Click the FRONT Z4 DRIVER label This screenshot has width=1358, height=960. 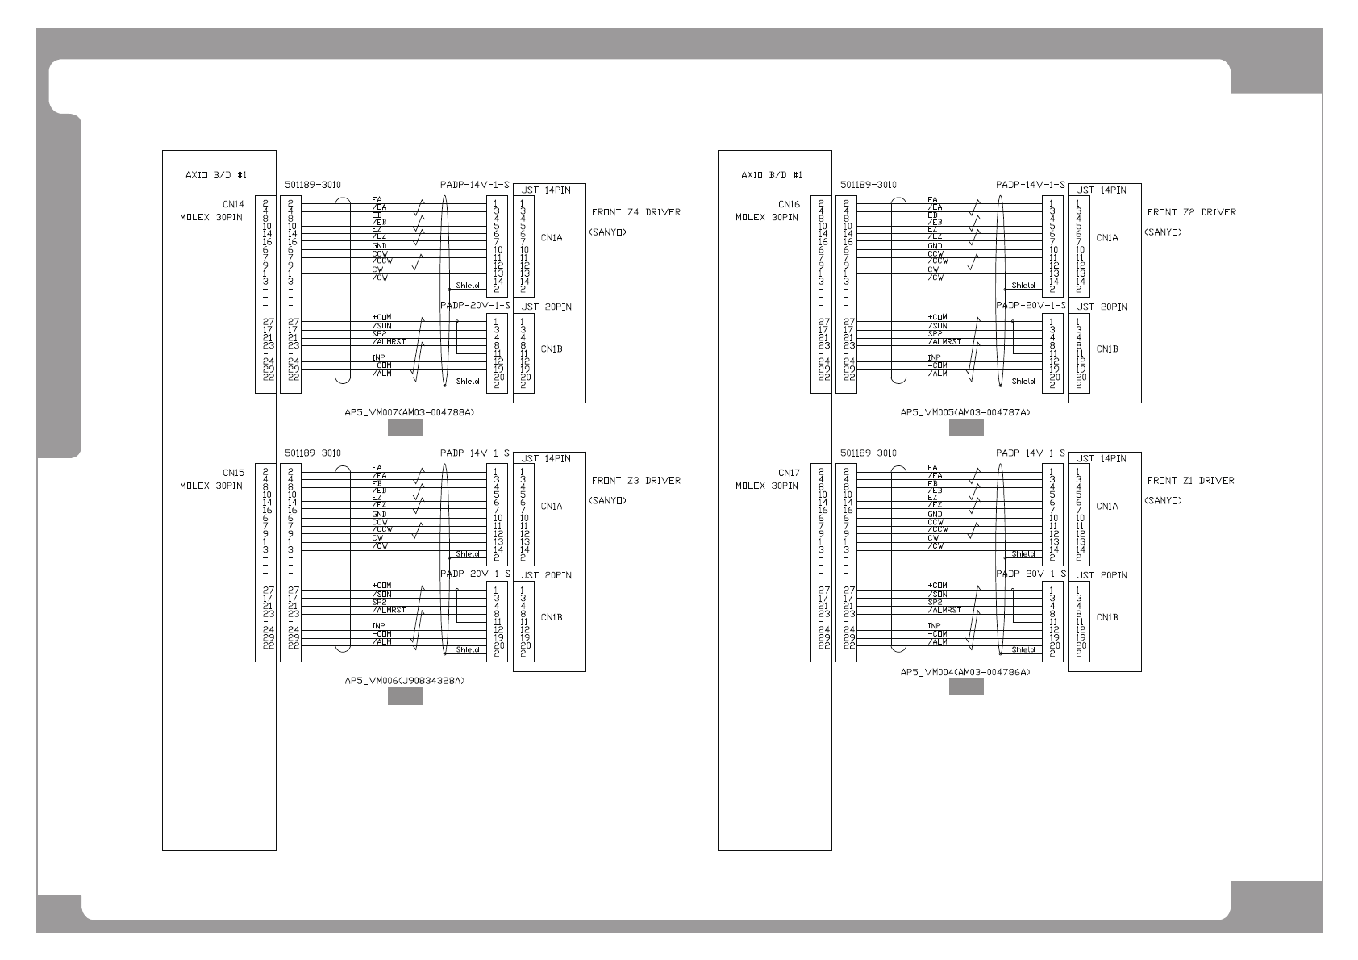[635, 212]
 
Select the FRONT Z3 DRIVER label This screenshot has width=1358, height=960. [635, 481]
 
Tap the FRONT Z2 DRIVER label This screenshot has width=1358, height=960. [1191, 212]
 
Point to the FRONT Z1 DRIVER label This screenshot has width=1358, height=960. [1191, 481]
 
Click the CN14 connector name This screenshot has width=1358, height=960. [233, 204]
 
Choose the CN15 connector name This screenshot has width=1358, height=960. [233, 473]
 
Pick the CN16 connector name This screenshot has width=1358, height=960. [789, 204]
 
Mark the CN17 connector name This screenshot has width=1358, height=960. [789, 473]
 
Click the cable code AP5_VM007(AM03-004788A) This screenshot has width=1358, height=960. [410, 412]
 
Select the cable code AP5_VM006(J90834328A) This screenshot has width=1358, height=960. [405, 681]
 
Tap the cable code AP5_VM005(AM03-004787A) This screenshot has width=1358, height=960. [965, 412]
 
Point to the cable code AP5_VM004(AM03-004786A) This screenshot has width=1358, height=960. [965, 672]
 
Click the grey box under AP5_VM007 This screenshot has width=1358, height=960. [405, 428]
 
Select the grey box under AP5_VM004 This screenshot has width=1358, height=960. [965, 687]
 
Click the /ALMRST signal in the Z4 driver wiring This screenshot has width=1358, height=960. [385, 341]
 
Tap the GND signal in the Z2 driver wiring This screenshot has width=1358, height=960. [935, 246]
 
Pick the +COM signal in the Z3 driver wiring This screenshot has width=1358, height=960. [381, 586]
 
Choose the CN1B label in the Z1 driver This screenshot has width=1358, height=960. [1107, 617]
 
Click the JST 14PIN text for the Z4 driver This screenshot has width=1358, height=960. [547, 190]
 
